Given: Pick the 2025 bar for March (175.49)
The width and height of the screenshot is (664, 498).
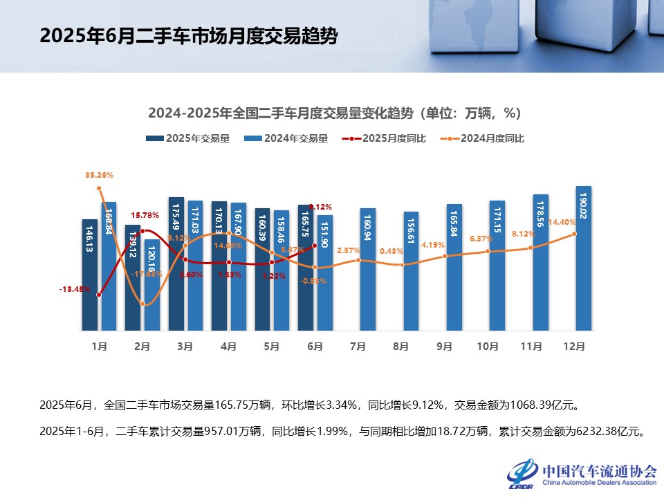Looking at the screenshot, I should pyautogui.click(x=176, y=264).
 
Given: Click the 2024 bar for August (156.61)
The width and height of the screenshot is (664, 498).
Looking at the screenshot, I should pyautogui.click(x=411, y=271).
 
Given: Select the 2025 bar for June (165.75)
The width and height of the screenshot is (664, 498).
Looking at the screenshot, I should pyautogui.click(x=306, y=268).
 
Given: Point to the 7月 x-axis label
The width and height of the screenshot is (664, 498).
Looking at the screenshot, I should pyautogui.click(x=358, y=347).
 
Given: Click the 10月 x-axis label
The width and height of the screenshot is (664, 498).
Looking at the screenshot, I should pyautogui.click(x=488, y=347).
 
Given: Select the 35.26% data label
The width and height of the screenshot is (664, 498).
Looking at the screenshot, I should pyautogui.click(x=99, y=175).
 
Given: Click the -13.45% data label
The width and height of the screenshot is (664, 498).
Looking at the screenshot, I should pyautogui.click(x=73, y=289).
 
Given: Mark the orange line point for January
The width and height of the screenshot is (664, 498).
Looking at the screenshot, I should pyautogui.click(x=99, y=188).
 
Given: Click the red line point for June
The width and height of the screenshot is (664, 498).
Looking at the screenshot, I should pyautogui.click(x=315, y=245).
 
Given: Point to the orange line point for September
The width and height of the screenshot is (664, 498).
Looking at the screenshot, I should pyautogui.click(x=445, y=256).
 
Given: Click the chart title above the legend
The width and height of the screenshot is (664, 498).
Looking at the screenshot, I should pyautogui.click(x=334, y=113).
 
